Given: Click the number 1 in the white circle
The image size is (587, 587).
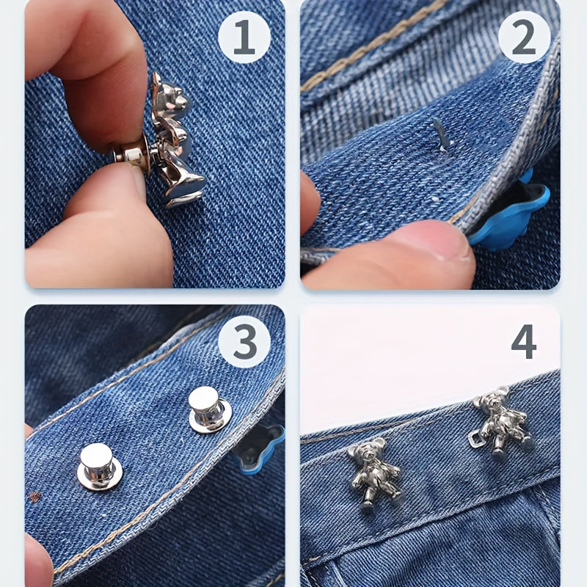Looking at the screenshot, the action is pos(244,37).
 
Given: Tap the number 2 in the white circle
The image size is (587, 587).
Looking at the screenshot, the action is pos(524,37).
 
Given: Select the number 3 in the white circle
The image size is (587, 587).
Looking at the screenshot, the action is pos(245,341).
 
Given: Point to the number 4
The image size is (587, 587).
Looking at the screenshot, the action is pos(524,341).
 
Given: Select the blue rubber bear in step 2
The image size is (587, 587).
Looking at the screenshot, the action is pos(509,214).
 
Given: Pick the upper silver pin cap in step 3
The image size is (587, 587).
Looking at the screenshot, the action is pos(209,409).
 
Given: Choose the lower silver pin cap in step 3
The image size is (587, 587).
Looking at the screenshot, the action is pos(99,467).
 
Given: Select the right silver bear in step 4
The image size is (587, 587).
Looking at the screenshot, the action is pos(502,423).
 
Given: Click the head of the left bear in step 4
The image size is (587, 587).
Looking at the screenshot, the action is pos(368,451).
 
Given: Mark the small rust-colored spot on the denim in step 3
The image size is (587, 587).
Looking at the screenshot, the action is pos(34,497).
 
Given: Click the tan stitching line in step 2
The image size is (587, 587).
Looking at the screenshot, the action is pos(374,44).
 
